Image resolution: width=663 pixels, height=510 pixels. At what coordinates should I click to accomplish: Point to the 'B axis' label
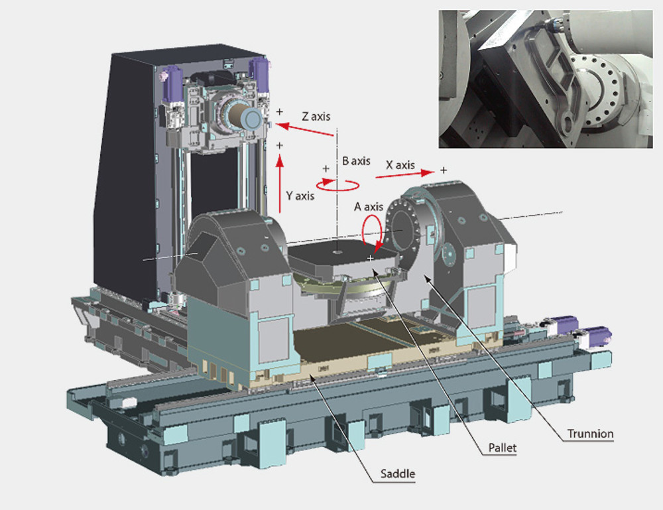coord(356,160)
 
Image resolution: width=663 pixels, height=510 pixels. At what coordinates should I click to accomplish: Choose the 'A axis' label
coord(369,206)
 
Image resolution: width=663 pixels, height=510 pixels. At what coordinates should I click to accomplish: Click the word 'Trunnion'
coord(589,434)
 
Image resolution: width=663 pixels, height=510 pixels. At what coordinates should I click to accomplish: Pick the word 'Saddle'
coord(398,474)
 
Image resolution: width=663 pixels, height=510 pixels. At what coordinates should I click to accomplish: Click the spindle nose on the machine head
coord(251,119)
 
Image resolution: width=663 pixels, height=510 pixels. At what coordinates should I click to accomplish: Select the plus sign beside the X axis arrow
coord(443,170)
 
